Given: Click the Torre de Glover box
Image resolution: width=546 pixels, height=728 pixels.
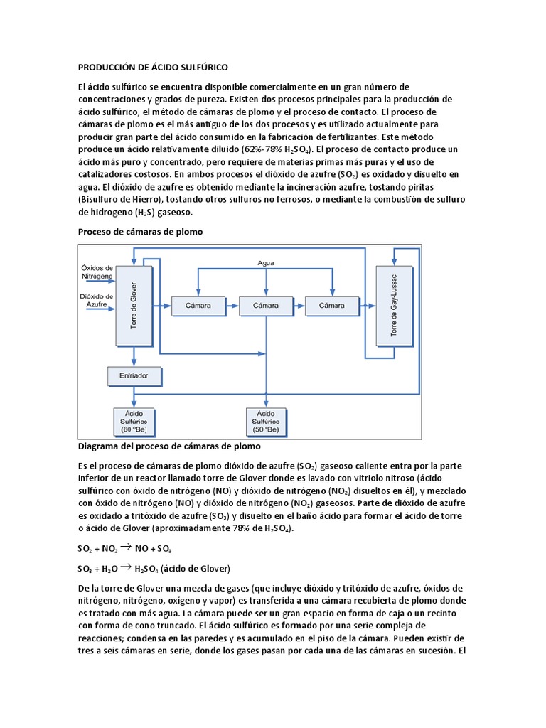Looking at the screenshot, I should (134, 304).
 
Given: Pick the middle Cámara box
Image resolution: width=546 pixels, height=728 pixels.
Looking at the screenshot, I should (265, 306).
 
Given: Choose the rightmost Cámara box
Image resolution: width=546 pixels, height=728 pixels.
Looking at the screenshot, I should (332, 306).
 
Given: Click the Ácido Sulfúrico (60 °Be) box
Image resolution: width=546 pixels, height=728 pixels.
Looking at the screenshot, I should (134, 421).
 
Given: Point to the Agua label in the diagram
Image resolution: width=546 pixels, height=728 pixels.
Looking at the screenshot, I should (266, 263).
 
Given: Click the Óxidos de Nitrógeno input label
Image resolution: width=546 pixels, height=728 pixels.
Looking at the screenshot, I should (97, 271).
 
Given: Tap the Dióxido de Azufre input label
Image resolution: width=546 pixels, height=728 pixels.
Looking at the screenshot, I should (97, 300).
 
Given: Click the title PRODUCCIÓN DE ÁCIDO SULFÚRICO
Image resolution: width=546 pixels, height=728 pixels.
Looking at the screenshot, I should (152, 68).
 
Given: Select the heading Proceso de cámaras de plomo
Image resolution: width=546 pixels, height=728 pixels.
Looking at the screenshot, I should (140, 232).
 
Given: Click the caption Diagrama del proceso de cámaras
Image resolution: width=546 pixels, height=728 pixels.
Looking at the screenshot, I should (169, 446).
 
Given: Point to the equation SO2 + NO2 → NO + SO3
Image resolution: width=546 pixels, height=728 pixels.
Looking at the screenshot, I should (124, 549).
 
